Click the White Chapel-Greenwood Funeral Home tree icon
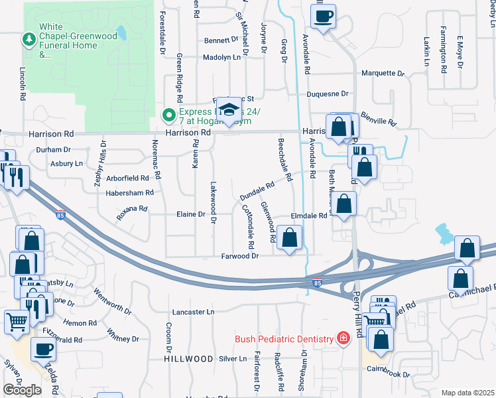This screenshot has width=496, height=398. [29, 40]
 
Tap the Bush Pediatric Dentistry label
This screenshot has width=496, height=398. [284, 339]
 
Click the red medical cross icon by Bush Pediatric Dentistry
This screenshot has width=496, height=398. [343, 339]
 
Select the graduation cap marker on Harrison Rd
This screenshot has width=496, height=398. [229, 111]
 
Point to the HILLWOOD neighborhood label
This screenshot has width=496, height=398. [189, 358]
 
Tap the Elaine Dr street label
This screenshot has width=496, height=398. [192, 214]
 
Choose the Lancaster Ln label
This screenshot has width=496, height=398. [194, 311]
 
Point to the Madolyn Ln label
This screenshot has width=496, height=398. [222, 58]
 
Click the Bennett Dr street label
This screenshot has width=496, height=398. [221, 40]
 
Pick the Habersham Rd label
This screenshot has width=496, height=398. [129, 192]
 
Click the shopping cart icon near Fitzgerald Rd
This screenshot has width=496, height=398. [17, 322]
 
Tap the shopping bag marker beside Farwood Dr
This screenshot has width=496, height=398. [289, 239]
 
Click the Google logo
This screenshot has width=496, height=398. [22, 390]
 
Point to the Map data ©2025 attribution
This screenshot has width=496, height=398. [467, 393]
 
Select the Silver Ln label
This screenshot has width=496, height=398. [232, 358]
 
